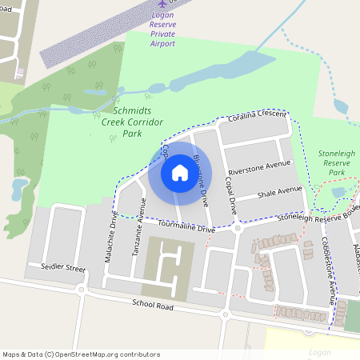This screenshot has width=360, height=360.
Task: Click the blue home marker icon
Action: tap(180, 173)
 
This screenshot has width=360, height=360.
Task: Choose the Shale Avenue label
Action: tap(279, 192)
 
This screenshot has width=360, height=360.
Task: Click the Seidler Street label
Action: tap(57, 266)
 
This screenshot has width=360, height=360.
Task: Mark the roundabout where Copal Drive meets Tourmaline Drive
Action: tap(238, 228)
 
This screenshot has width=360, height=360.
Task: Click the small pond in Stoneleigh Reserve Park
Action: tap(338, 193)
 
